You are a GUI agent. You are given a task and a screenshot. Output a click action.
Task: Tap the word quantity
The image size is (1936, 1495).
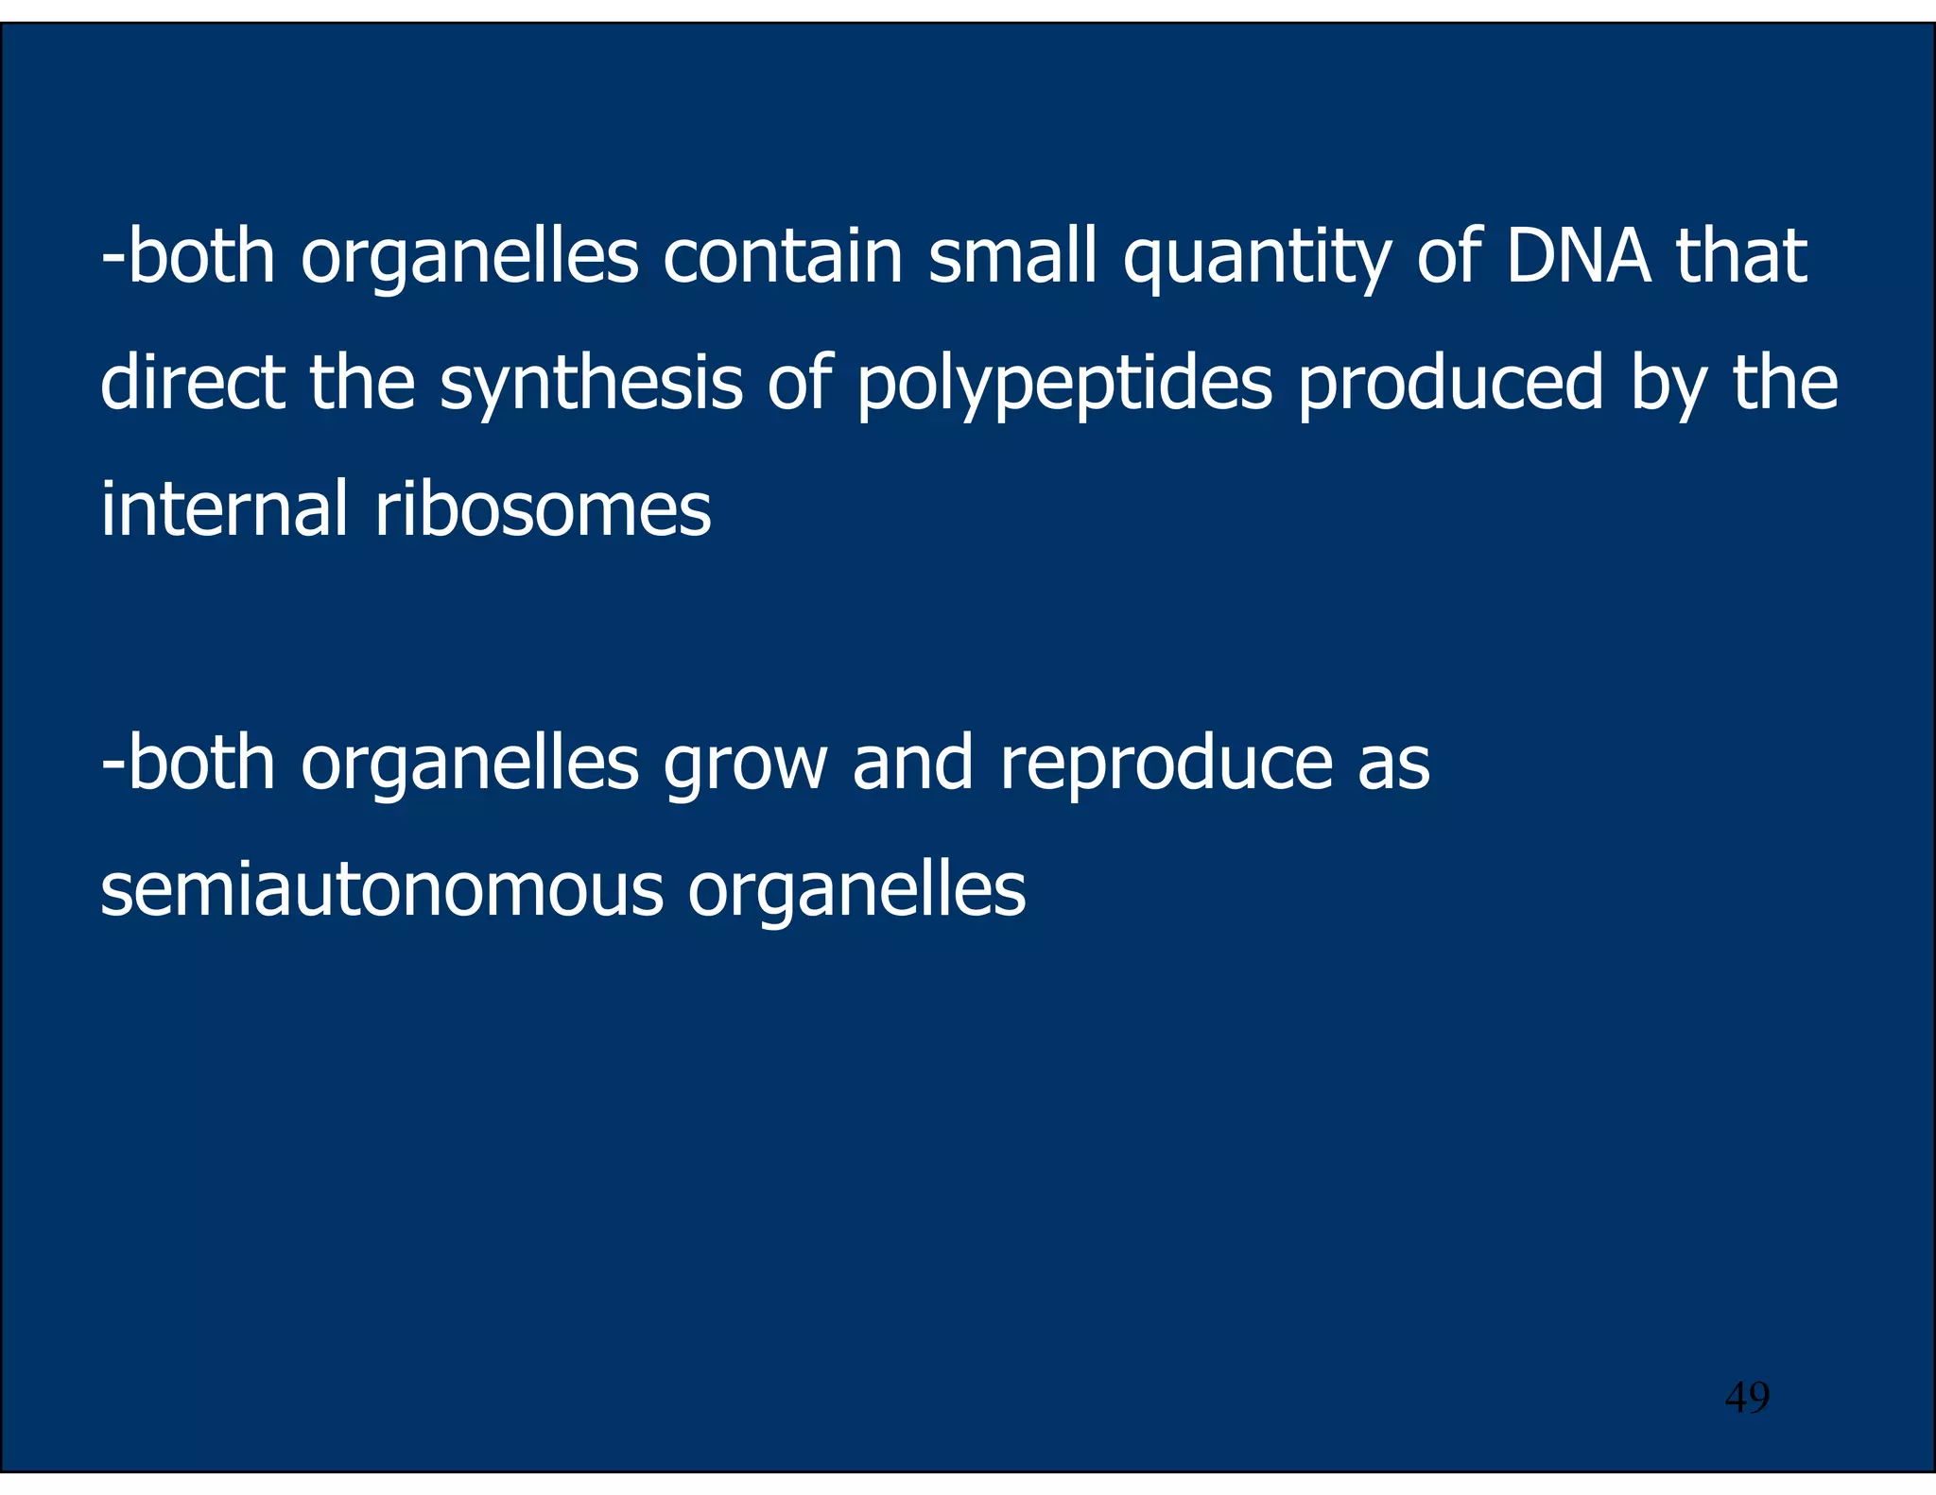click(x=1255, y=260)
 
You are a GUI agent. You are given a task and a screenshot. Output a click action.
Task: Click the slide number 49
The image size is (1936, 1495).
click(x=1747, y=1397)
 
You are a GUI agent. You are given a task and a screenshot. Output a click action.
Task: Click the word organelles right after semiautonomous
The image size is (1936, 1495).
click(x=856, y=891)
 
